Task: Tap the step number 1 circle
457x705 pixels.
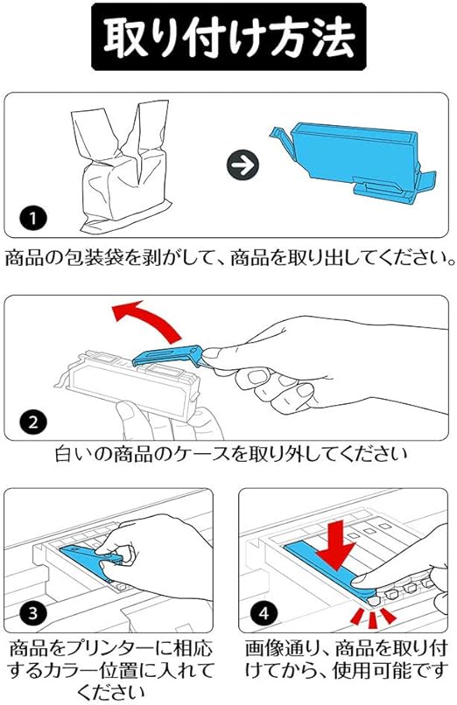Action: (x=33, y=219)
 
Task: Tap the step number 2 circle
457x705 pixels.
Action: (x=33, y=422)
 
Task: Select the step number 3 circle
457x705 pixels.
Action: (x=33, y=613)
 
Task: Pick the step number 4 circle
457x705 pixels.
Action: (x=264, y=613)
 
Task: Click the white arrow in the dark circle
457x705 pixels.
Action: (x=243, y=165)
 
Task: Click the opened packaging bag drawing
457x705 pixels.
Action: (x=122, y=165)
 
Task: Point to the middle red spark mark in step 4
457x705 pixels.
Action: (x=373, y=620)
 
